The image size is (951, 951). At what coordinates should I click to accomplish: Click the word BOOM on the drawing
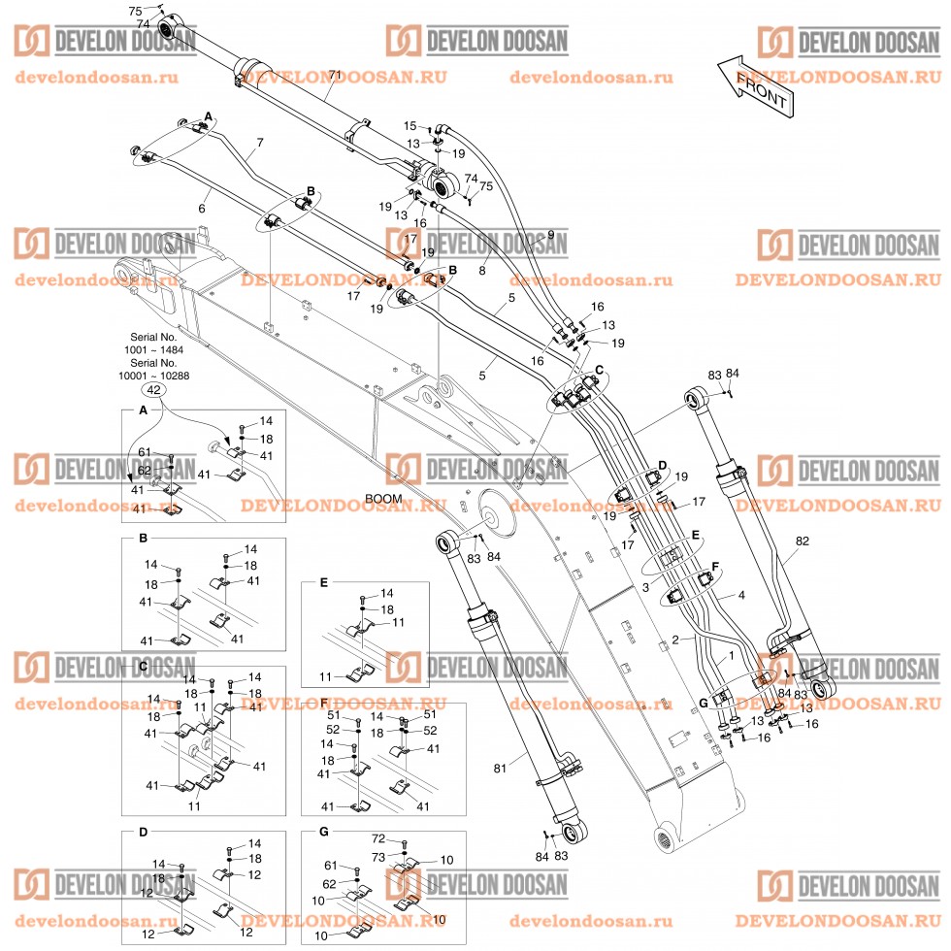[383, 499]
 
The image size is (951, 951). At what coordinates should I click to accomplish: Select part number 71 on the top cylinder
[336, 75]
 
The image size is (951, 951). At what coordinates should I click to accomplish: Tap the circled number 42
[153, 389]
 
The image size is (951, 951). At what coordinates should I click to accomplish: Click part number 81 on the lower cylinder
[500, 770]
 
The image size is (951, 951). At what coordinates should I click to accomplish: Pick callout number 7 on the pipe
[259, 144]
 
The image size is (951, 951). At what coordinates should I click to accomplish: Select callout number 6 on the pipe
[202, 209]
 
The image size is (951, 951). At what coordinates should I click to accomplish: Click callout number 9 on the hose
[550, 235]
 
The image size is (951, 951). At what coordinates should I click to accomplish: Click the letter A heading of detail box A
[144, 411]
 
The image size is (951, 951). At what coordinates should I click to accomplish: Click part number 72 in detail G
[378, 836]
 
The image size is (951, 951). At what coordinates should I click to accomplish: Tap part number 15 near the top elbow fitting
[410, 126]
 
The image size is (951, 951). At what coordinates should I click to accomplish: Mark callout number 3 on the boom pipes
[644, 589]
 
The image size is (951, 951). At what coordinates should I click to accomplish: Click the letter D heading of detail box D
[143, 833]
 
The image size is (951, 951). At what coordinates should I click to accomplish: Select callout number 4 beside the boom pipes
[742, 595]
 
